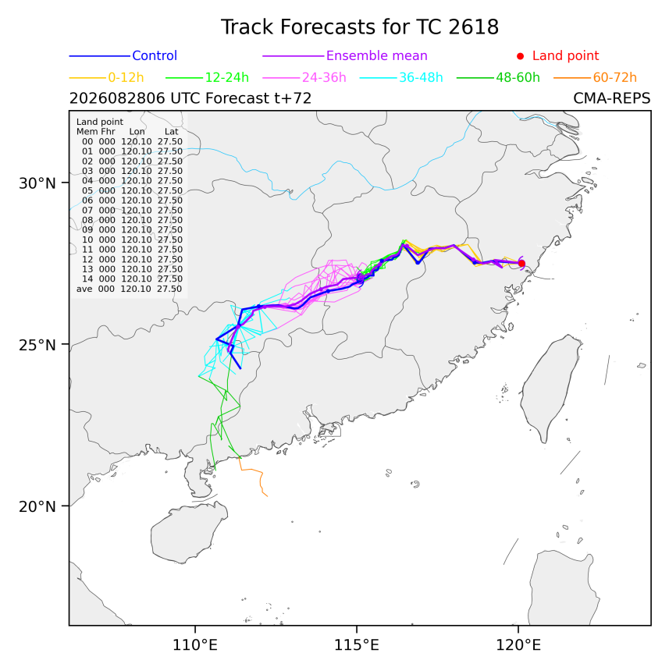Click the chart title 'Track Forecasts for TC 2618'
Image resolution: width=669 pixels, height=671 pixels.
click(x=360, y=27)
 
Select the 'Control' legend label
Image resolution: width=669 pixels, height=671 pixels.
click(x=155, y=55)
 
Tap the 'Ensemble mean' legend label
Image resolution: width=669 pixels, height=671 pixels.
click(x=377, y=55)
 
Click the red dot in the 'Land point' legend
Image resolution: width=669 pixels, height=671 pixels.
click(x=520, y=56)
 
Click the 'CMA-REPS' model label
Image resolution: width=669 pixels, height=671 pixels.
click(x=612, y=98)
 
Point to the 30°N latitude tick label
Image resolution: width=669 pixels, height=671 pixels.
click(x=37, y=183)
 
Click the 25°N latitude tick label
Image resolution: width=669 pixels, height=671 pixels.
click(x=37, y=345)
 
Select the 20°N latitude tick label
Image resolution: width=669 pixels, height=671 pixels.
click(x=37, y=506)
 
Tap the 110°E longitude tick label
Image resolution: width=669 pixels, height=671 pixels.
click(x=194, y=644)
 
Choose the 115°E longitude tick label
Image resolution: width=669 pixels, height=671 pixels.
click(x=357, y=644)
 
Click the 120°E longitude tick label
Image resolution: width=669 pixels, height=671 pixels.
click(x=518, y=644)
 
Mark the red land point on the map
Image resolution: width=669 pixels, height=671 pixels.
click(x=521, y=264)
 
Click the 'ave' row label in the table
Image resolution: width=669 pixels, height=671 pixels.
click(x=84, y=289)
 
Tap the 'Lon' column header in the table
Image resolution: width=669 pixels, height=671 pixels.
click(x=137, y=132)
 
